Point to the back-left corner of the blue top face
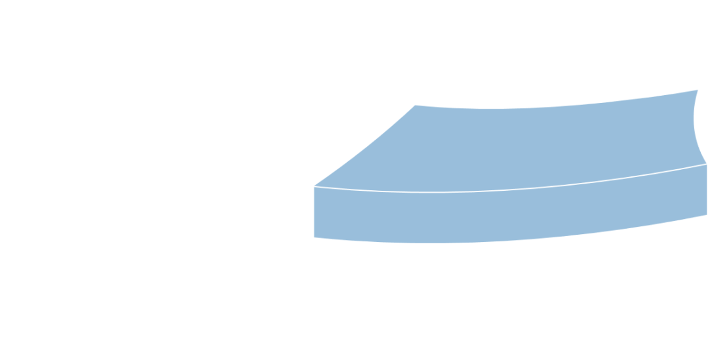413,104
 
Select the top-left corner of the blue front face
313,186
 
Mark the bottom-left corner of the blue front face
313,237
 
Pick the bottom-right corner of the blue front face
707,214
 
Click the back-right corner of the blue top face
698,89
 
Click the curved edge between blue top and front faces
511,190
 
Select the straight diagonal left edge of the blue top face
363,145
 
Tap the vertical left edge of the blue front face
313,212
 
